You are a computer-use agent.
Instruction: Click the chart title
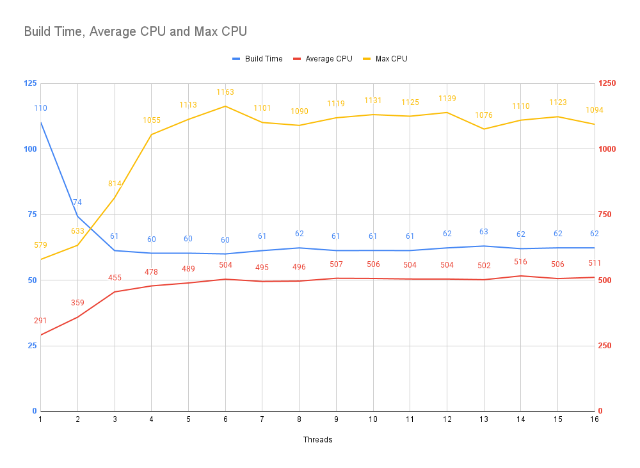point(136,31)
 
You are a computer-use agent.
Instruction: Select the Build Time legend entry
point(257,59)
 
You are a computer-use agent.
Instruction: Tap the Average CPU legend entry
point(323,59)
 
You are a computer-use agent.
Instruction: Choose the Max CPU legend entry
point(385,59)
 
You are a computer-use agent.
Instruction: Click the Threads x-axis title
point(317,440)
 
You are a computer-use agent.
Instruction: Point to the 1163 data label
point(225,92)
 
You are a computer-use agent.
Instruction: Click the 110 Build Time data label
point(40,108)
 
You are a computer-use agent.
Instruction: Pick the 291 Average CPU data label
point(40,321)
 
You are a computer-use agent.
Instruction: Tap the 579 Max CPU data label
point(40,245)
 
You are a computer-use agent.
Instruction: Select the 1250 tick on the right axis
point(607,83)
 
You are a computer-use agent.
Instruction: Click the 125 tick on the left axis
point(30,83)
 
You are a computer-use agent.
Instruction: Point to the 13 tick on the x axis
point(484,419)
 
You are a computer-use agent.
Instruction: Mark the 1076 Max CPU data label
point(484,115)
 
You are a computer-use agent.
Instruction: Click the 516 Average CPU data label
point(520,262)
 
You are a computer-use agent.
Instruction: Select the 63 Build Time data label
point(484,232)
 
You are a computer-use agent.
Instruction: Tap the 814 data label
point(115,184)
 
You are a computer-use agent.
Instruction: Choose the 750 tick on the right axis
point(605,214)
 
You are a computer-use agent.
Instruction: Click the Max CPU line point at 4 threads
point(152,134)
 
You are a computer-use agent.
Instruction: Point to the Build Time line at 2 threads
point(77,216)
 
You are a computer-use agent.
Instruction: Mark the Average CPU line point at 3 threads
point(115,292)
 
